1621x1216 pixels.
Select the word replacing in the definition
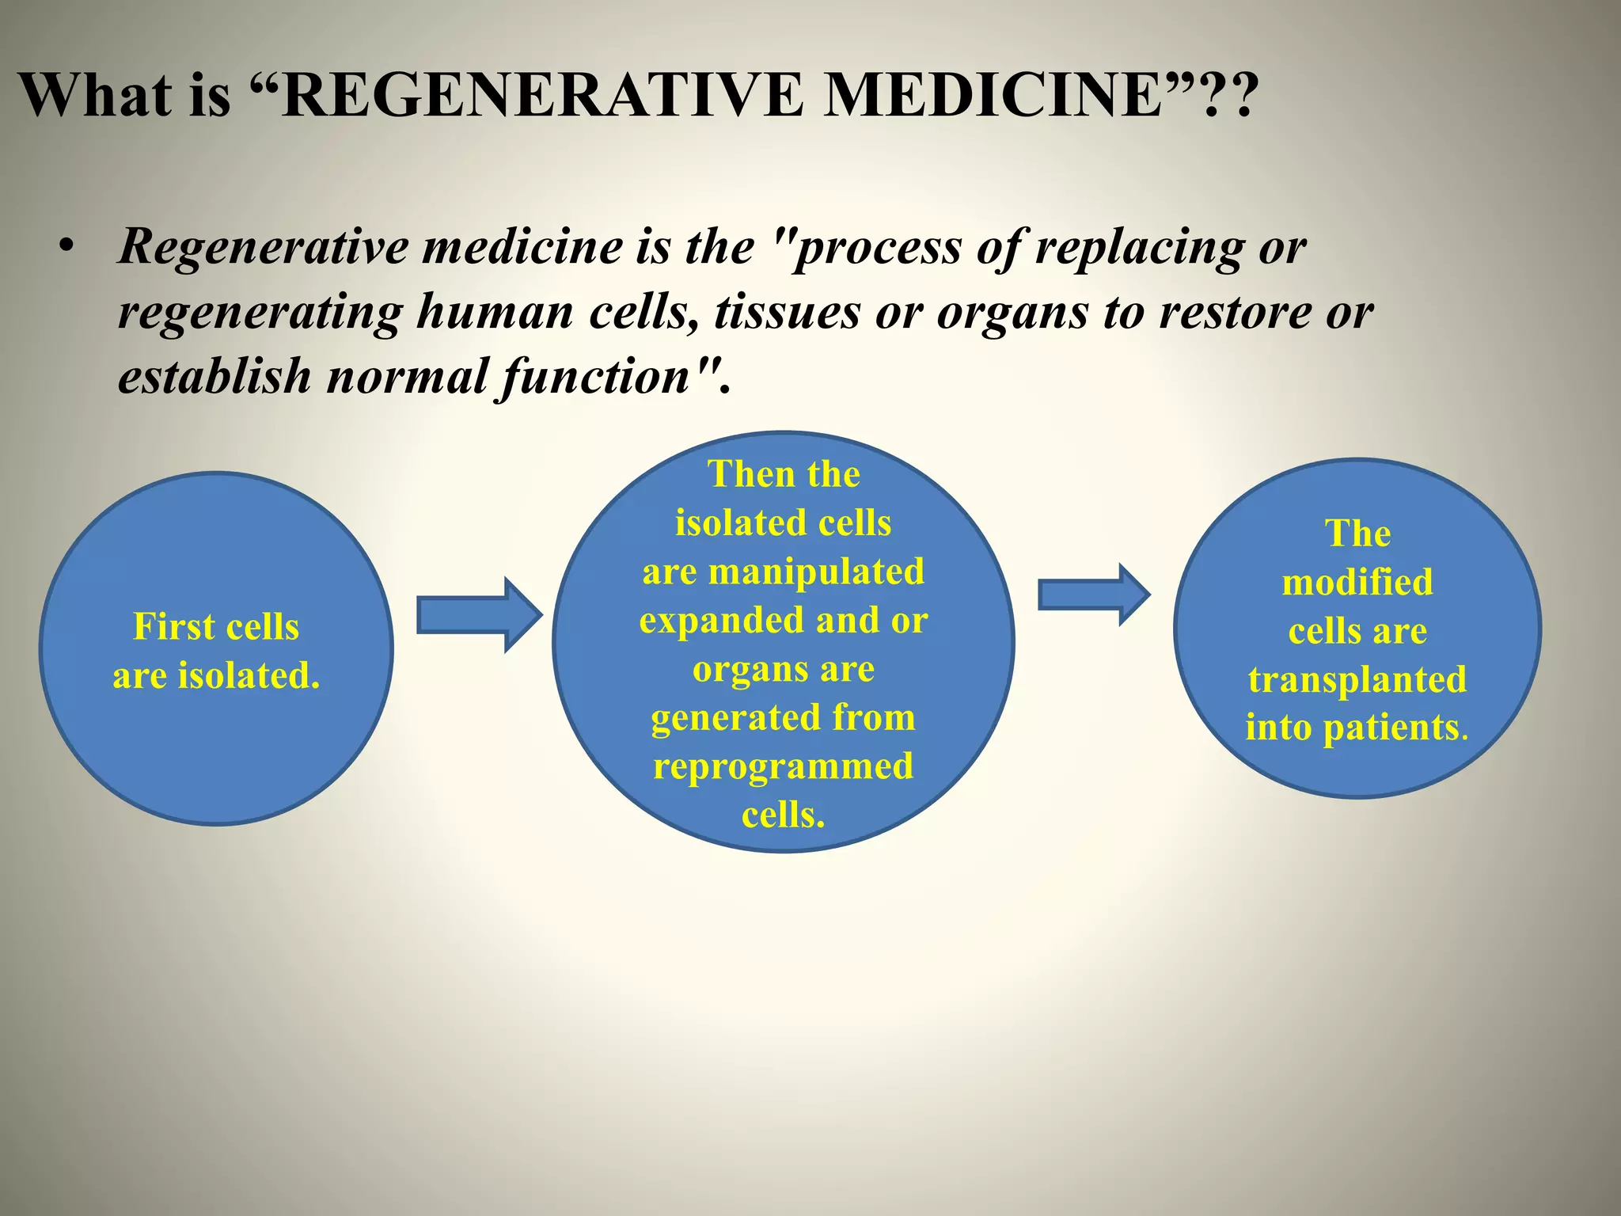(x=1140, y=248)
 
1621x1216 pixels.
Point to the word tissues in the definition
(x=787, y=312)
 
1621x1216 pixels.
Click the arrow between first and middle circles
(x=480, y=615)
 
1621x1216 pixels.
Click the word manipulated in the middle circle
(x=815, y=572)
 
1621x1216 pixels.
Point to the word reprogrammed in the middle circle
(x=783, y=766)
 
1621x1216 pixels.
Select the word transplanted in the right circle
(x=1357, y=680)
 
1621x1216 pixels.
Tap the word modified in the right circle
(x=1357, y=583)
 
